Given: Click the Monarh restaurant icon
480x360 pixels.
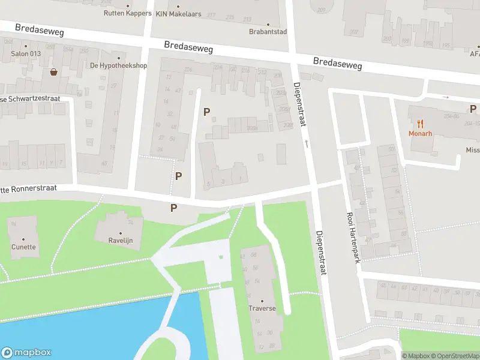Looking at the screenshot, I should [x=421, y=124].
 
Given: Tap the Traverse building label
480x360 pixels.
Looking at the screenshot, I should [x=262, y=308].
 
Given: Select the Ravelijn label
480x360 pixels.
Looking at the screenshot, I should [x=120, y=241].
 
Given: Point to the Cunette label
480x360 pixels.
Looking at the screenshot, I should [x=23, y=247].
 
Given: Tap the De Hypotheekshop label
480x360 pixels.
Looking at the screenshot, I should [x=118, y=65].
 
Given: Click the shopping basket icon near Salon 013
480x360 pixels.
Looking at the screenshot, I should [x=54, y=72].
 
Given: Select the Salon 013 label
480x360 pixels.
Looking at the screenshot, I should [x=26, y=53].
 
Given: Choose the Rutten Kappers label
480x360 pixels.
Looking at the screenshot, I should [x=127, y=13].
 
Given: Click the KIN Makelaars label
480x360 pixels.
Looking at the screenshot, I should [x=178, y=13].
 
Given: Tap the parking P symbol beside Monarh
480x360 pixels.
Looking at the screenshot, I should [x=473, y=109].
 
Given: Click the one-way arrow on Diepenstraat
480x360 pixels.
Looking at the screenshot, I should [x=307, y=143].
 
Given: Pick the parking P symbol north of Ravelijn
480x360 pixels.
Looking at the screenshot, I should [x=174, y=208].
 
